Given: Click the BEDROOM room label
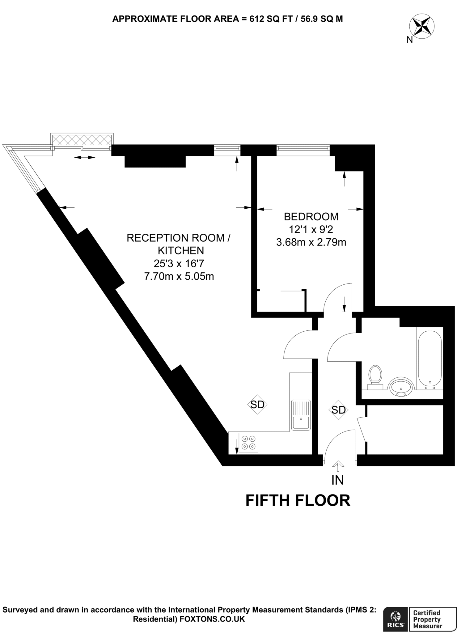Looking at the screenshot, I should pyautogui.click(x=311, y=217).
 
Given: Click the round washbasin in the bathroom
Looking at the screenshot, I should pyautogui.click(x=400, y=387).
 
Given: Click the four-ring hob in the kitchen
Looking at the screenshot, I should pyautogui.click(x=248, y=443).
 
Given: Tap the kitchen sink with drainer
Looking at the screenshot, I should pyautogui.click(x=301, y=415).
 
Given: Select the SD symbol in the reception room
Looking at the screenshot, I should pyautogui.click(x=257, y=404).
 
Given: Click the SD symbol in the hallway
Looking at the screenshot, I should pyautogui.click(x=338, y=410).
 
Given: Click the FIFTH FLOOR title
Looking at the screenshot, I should pyautogui.click(x=298, y=501).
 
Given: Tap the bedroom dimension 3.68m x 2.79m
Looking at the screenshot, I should pyautogui.click(x=311, y=242).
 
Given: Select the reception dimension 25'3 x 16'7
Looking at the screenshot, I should pyautogui.click(x=179, y=263).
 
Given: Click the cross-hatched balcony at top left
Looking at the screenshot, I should pyautogui.click(x=82, y=140).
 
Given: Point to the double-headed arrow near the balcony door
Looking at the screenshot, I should pyautogui.click(x=85, y=158).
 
